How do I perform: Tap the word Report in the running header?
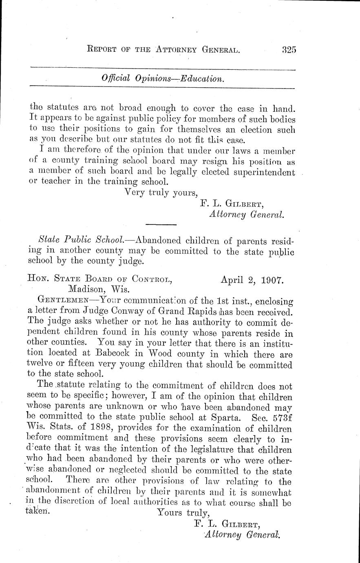point(105,50)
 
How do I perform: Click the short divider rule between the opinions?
point(161,224)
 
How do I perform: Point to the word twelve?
point(44,364)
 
